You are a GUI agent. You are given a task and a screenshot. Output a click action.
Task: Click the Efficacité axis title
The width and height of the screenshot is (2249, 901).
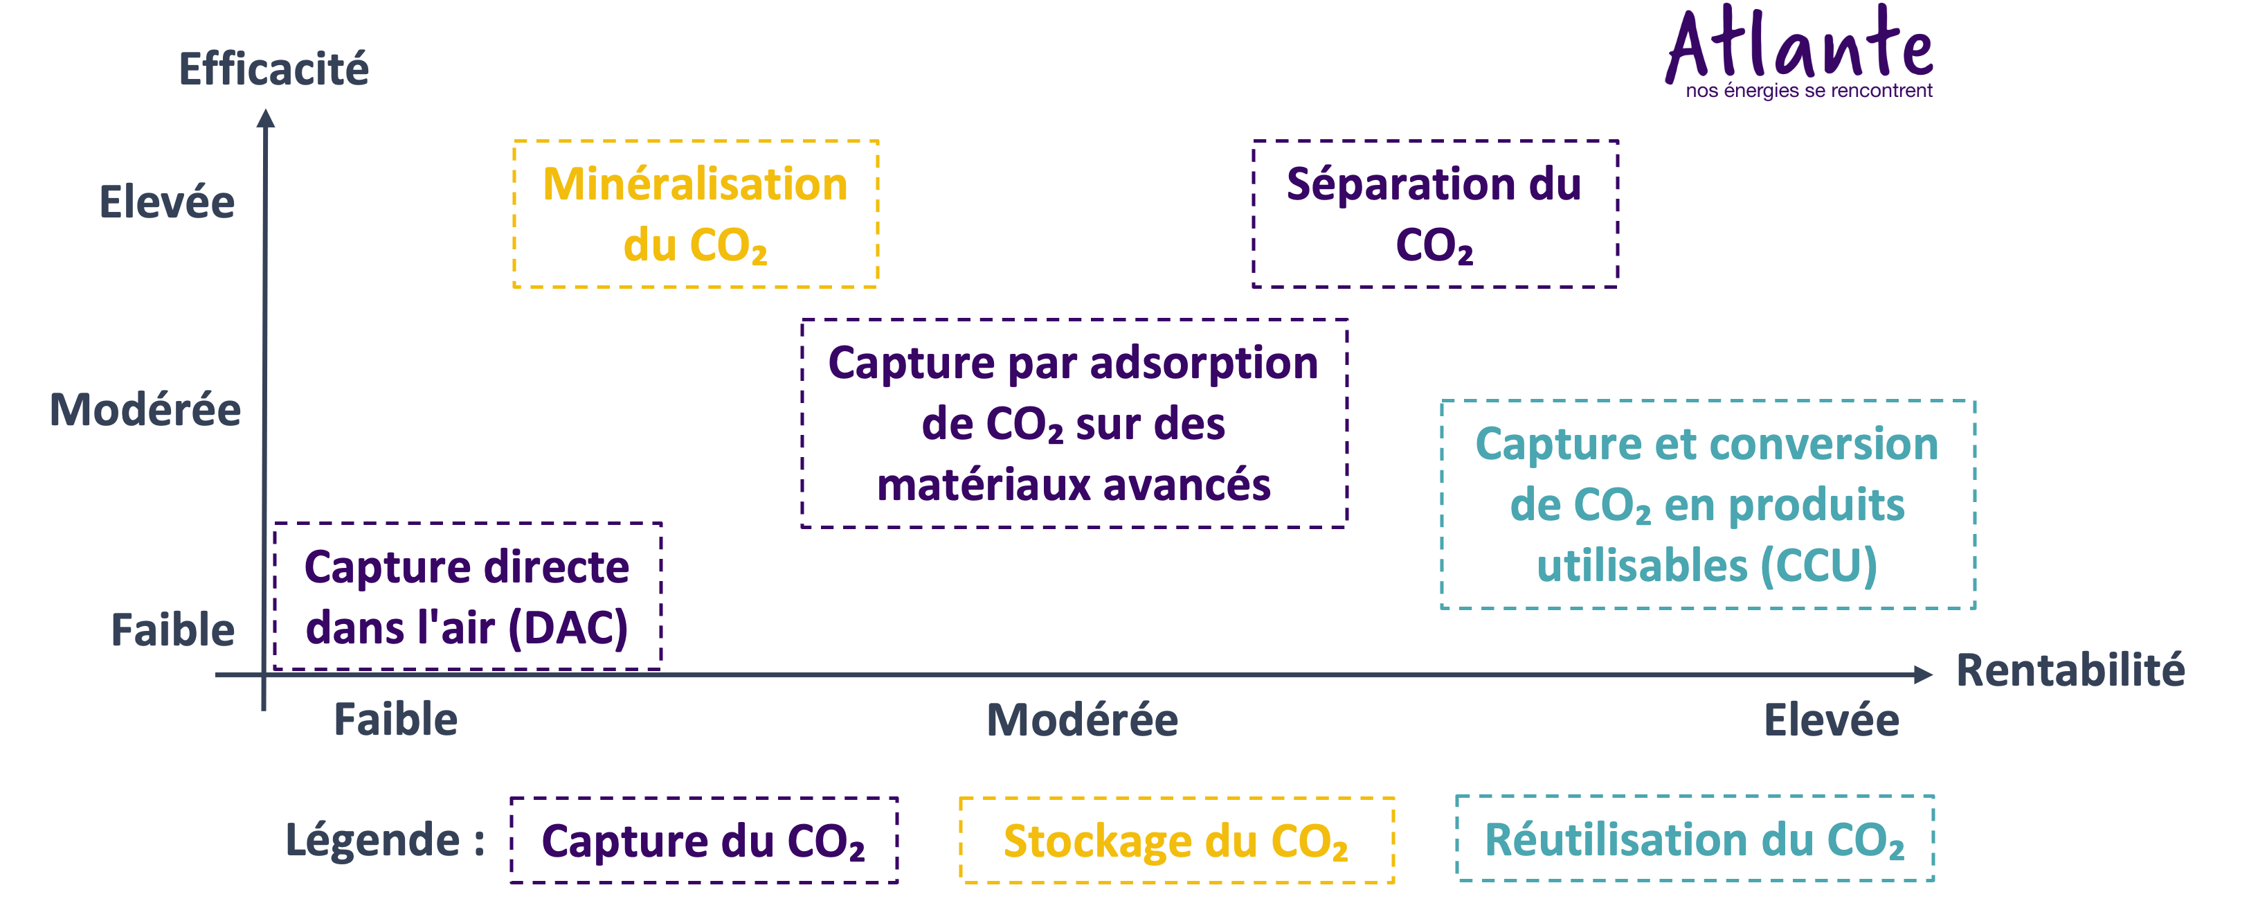[273, 69]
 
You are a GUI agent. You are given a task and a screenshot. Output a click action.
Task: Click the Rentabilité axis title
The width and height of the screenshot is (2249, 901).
[2069, 670]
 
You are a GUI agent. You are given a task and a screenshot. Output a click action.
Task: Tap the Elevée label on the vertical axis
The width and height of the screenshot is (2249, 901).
[167, 202]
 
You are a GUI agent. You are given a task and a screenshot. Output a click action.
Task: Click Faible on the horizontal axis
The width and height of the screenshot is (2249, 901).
[395, 720]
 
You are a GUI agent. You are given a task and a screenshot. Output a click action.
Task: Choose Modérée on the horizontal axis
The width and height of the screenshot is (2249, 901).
[1082, 720]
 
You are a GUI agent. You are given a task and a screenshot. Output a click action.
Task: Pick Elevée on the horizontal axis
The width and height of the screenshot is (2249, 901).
[1831, 720]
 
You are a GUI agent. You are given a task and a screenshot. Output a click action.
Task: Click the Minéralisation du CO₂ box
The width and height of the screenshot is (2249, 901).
[695, 214]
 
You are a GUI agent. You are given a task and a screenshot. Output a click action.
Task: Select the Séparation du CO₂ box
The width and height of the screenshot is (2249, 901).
[1434, 214]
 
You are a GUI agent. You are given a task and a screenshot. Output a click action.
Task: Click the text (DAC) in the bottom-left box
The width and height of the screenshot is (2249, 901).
[568, 629]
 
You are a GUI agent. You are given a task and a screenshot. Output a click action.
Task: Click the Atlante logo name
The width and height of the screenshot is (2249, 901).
[1800, 44]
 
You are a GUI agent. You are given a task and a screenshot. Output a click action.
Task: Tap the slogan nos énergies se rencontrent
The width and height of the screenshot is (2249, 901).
[1808, 91]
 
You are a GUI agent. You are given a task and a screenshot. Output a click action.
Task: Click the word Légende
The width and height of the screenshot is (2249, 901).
[373, 840]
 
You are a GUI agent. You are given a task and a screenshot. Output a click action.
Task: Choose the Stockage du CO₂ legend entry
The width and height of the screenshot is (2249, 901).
[1175, 841]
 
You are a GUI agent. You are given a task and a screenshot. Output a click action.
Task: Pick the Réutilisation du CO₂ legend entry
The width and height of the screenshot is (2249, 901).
[1694, 840]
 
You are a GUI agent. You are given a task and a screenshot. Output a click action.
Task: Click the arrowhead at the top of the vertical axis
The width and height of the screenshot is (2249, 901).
[265, 117]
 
